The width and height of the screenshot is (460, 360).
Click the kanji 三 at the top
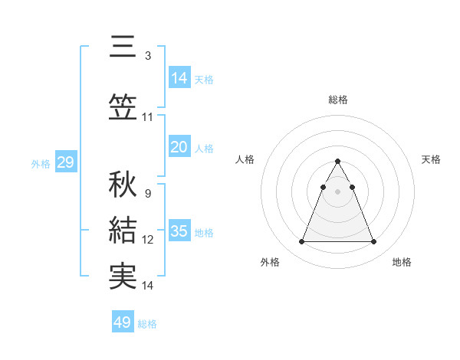[123, 47]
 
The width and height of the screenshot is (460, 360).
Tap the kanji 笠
[123, 108]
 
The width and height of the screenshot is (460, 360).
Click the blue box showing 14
[179, 77]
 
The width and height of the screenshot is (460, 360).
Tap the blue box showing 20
[179, 146]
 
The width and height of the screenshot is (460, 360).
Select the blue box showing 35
[179, 231]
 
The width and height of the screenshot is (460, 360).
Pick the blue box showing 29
[65, 162]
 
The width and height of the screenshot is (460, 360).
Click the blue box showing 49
[123, 322]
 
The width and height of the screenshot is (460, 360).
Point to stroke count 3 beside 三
[147, 56]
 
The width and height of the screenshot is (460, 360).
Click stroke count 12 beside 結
[148, 240]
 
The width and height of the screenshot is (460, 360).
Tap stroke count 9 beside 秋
[147, 194]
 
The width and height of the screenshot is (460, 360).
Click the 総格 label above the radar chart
[337, 100]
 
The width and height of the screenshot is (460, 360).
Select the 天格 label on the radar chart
[431, 159]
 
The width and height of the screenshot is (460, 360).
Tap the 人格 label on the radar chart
[245, 159]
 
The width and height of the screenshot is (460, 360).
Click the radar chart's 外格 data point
[301, 242]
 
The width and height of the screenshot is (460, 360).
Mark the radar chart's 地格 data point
[373, 242]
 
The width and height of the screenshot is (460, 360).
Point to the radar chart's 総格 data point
[337, 161]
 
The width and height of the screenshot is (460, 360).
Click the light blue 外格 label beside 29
[40, 163]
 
